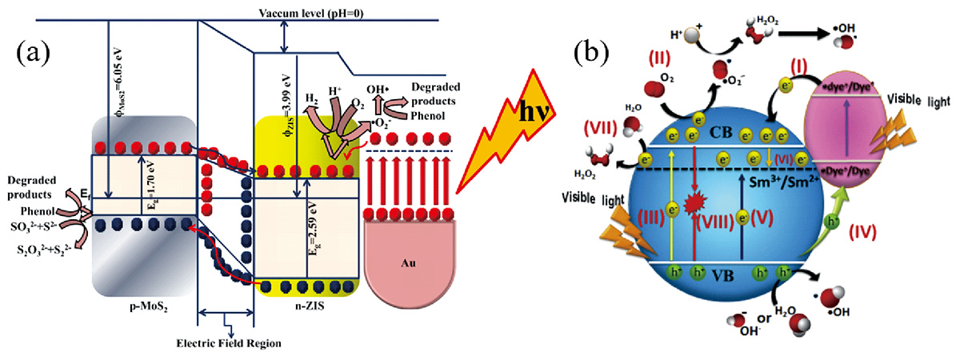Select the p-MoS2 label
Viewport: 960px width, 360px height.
point(142,306)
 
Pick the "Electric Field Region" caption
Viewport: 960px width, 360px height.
point(229,343)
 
